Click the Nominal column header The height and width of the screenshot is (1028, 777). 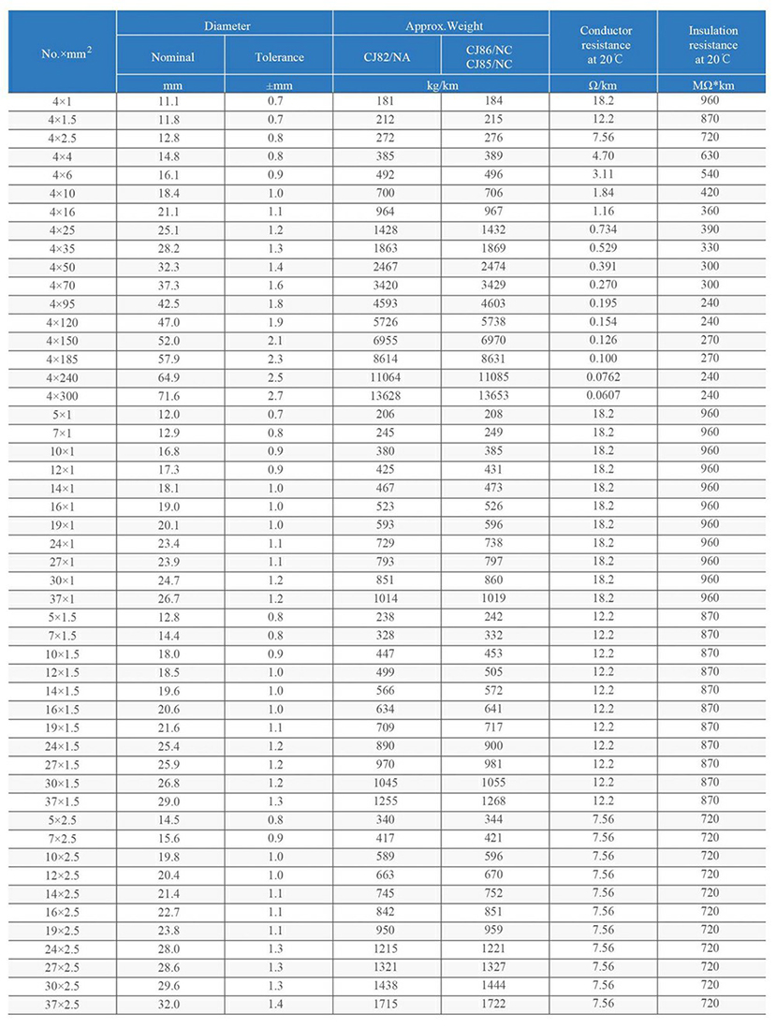(172, 57)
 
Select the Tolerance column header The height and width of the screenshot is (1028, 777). (279, 57)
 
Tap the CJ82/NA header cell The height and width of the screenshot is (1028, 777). (387, 57)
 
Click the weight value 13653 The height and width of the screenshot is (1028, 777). (494, 395)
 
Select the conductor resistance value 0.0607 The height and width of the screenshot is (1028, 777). (603, 395)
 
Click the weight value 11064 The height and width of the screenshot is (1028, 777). (386, 376)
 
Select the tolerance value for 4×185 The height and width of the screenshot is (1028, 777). (279, 359)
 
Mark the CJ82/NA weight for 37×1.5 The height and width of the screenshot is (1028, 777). (386, 800)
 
